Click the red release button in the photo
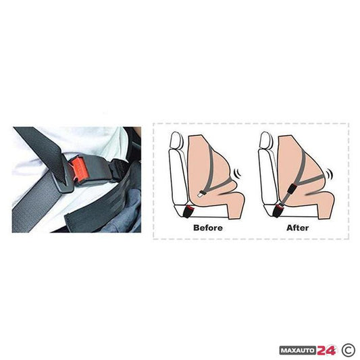point(78,168)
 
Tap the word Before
point(208,228)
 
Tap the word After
point(298,228)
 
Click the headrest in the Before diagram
point(176,140)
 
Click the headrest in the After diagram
point(265,140)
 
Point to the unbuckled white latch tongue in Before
point(199,195)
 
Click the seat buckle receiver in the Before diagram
point(188,211)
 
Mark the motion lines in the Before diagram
point(238,173)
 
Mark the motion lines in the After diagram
point(330,174)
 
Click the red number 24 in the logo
point(326,351)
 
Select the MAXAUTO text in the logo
point(299,351)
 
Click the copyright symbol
point(349,350)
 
